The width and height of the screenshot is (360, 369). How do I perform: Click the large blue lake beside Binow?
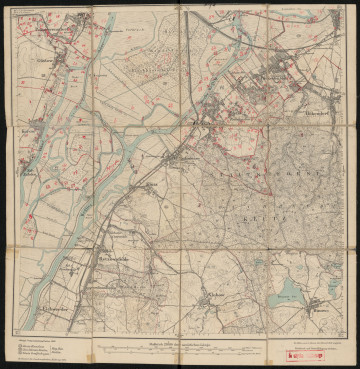click(x=290, y=291)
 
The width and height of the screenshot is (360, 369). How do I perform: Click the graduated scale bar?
click(x=180, y=349)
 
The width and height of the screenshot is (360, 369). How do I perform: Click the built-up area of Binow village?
click(x=320, y=304)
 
